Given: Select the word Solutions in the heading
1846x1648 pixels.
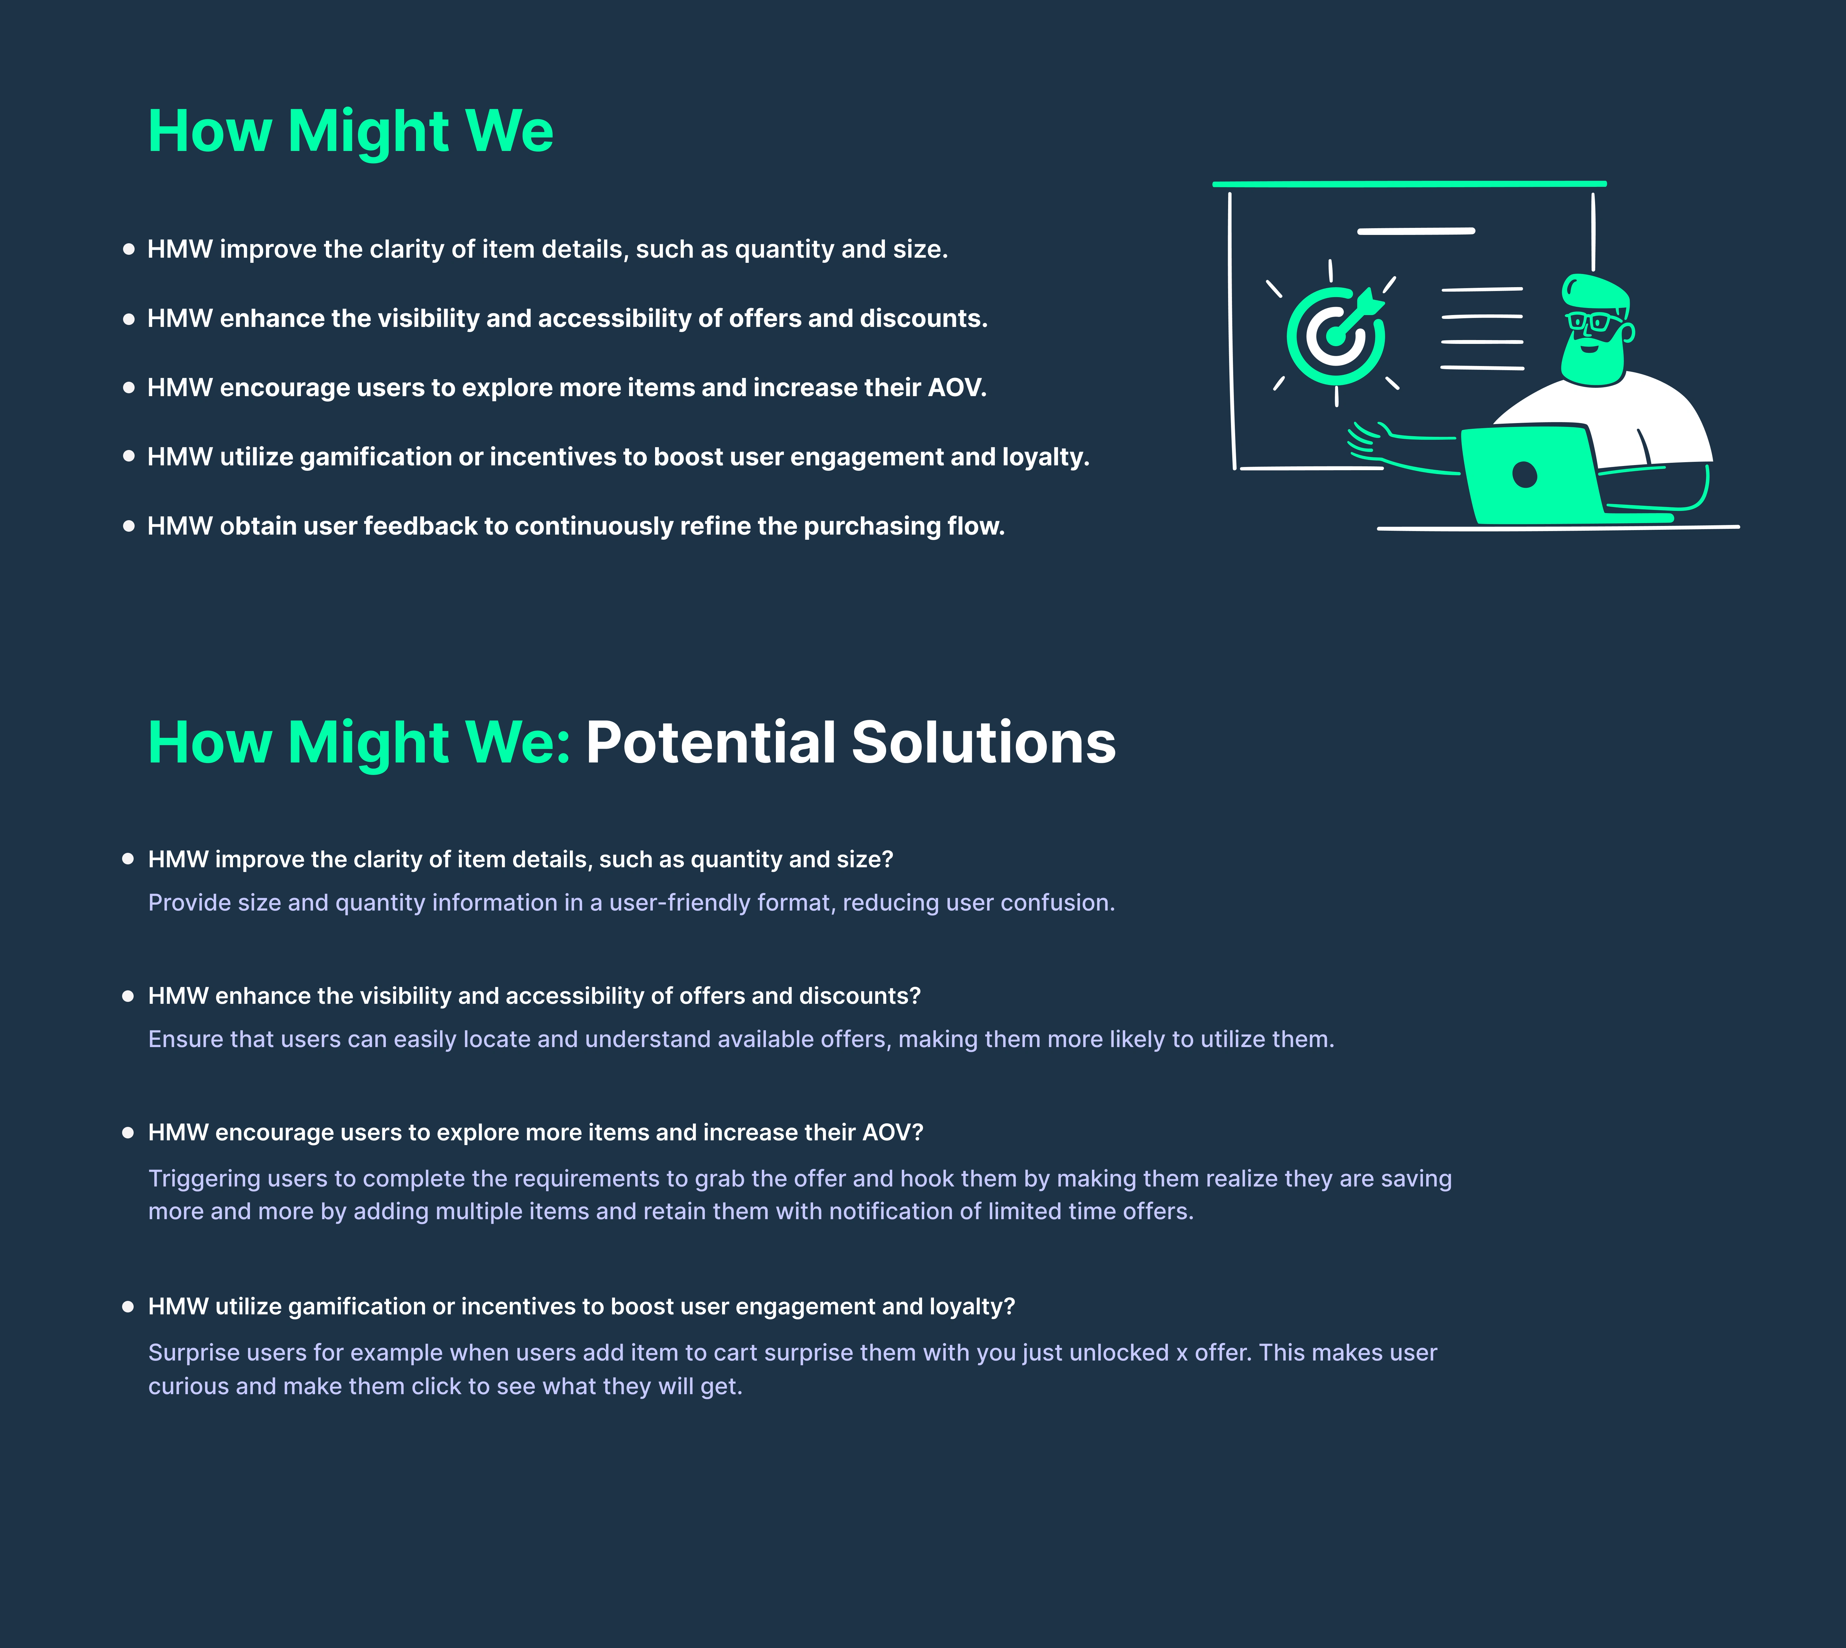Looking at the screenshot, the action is (x=984, y=743).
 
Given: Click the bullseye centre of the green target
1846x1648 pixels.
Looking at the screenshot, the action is (x=1334, y=337).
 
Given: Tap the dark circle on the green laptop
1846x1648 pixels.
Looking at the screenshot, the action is (x=1525, y=474).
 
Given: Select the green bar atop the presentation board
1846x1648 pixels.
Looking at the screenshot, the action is (x=1409, y=184).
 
